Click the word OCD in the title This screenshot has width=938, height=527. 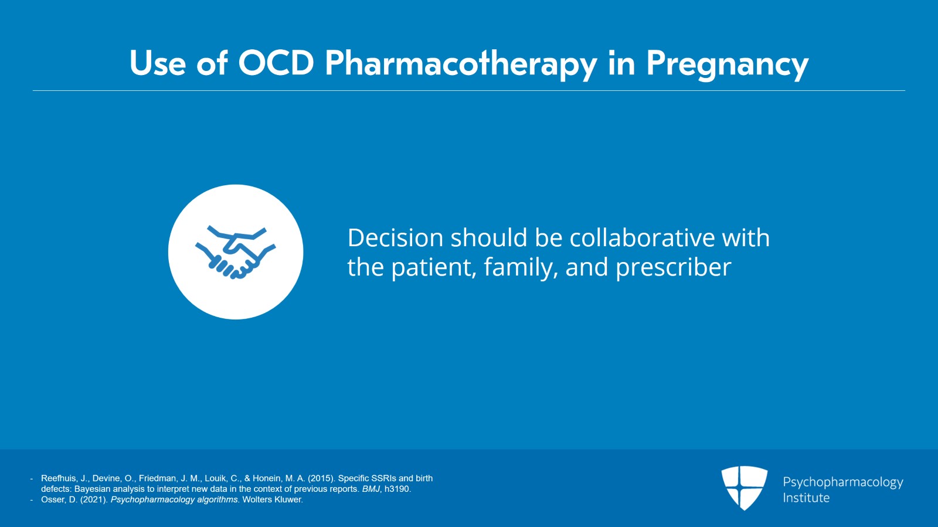pyautogui.click(x=276, y=64)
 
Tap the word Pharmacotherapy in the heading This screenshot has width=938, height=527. pyautogui.click(x=461, y=65)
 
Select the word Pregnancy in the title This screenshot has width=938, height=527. pyautogui.click(x=728, y=66)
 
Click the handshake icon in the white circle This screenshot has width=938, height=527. pyautogui.click(x=235, y=252)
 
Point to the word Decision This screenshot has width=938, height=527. pyautogui.click(x=395, y=238)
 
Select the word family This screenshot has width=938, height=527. pyautogui.click(x=521, y=267)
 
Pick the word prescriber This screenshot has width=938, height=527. pyautogui.click(x=674, y=267)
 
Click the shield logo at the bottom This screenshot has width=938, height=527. pyautogui.click(x=744, y=488)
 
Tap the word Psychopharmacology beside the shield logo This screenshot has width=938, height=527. pyautogui.click(x=843, y=482)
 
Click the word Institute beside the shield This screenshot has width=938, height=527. pyautogui.click(x=806, y=498)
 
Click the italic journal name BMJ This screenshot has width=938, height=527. pyautogui.click(x=371, y=489)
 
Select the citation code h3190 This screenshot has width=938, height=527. pyautogui.click(x=398, y=489)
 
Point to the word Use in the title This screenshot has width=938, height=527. pyautogui.click(x=158, y=64)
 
